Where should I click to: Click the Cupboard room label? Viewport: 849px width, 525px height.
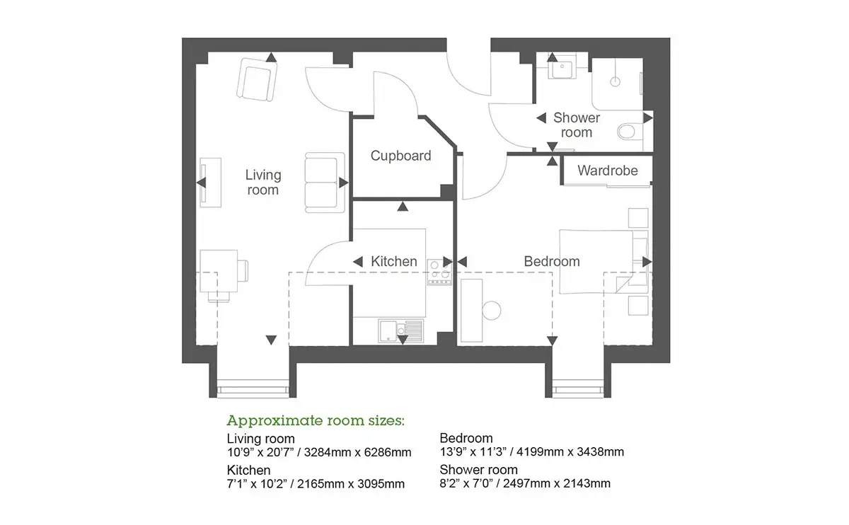pyautogui.click(x=400, y=156)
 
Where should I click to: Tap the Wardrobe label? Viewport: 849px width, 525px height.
pyautogui.click(x=608, y=171)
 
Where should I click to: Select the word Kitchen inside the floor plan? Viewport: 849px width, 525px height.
pyautogui.click(x=394, y=261)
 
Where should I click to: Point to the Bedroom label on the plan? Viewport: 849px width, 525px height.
pyautogui.click(x=552, y=261)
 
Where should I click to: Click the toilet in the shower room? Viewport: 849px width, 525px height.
pyautogui.click(x=630, y=132)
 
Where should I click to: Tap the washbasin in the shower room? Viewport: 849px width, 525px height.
pyautogui.click(x=562, y=67)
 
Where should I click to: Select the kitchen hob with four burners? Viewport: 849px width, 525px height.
pyautogui.click(x=439, y=272)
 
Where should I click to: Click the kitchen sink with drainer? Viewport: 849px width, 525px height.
pyautogui.click(x=400, y=331)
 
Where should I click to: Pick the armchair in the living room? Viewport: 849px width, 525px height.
pyautogui.click(x=257, y=80)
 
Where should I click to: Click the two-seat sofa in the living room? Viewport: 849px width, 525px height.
pyautogui.click(x=325, y=183)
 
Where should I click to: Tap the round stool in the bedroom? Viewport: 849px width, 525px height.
pyautogui.click(x=492, y=311)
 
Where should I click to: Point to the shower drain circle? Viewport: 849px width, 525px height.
pyautogui.click(x=615, y=81)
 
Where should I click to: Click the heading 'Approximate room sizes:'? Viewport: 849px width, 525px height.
pyautogui.click(x=316, y=420)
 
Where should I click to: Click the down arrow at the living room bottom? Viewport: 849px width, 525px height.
pyautogui.click(x=271, y=340)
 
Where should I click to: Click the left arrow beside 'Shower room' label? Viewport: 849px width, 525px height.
pyautogui.click(x=541, y=118)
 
